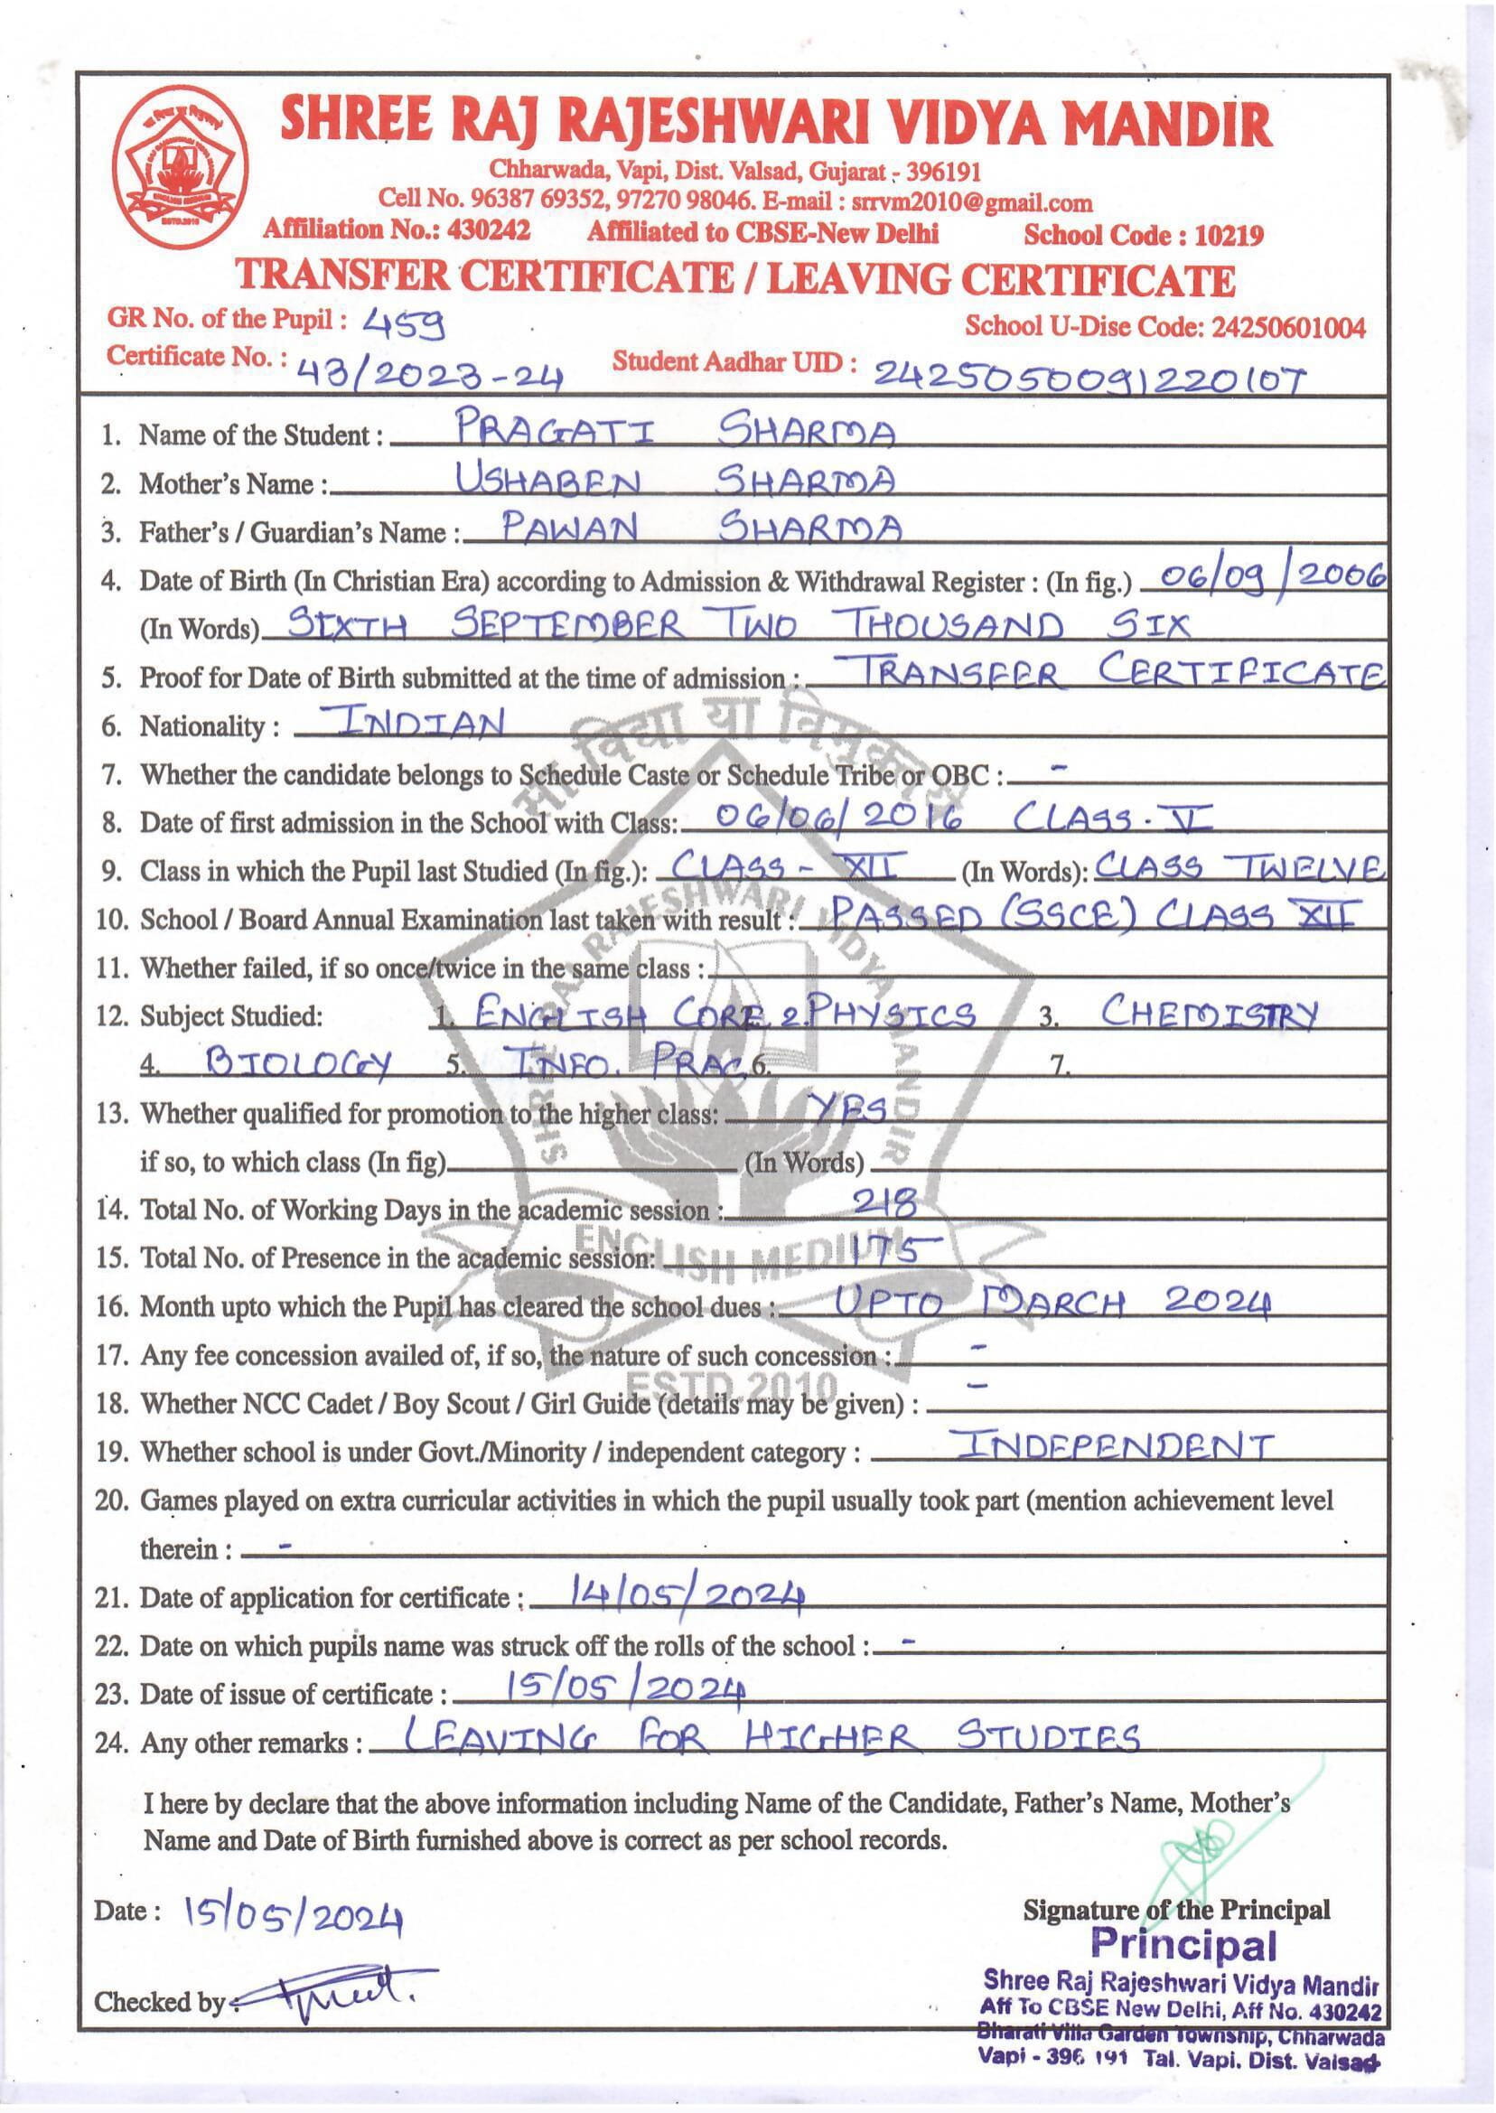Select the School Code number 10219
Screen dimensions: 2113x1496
click(1229, 237)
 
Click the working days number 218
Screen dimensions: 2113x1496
click(885, 1202)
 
